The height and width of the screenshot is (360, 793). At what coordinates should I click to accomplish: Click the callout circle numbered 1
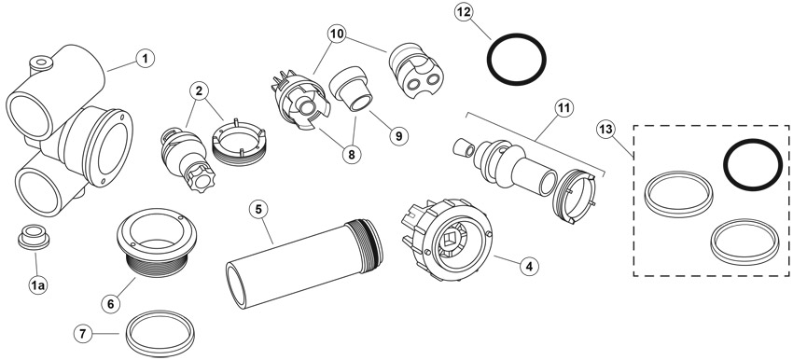click(146, 59)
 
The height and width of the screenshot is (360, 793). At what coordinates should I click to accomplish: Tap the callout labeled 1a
click(37, 285)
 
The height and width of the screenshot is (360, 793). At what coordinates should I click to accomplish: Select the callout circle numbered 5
click(259, 209)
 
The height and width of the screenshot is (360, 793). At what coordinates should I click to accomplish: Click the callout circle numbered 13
click(606, 130)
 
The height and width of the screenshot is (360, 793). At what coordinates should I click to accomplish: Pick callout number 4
click(529, 266)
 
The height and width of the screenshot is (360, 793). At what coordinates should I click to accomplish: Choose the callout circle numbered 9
click(398, 135)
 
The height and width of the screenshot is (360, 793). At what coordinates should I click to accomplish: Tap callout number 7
click(84, 334)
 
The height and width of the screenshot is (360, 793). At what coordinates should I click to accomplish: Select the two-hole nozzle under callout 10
click(413, 74)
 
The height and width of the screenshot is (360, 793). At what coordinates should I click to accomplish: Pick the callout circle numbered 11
click(563, 107)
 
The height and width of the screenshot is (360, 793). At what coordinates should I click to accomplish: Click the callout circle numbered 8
click(352, 155)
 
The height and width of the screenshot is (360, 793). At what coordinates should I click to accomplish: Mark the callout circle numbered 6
click(111, 304)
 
